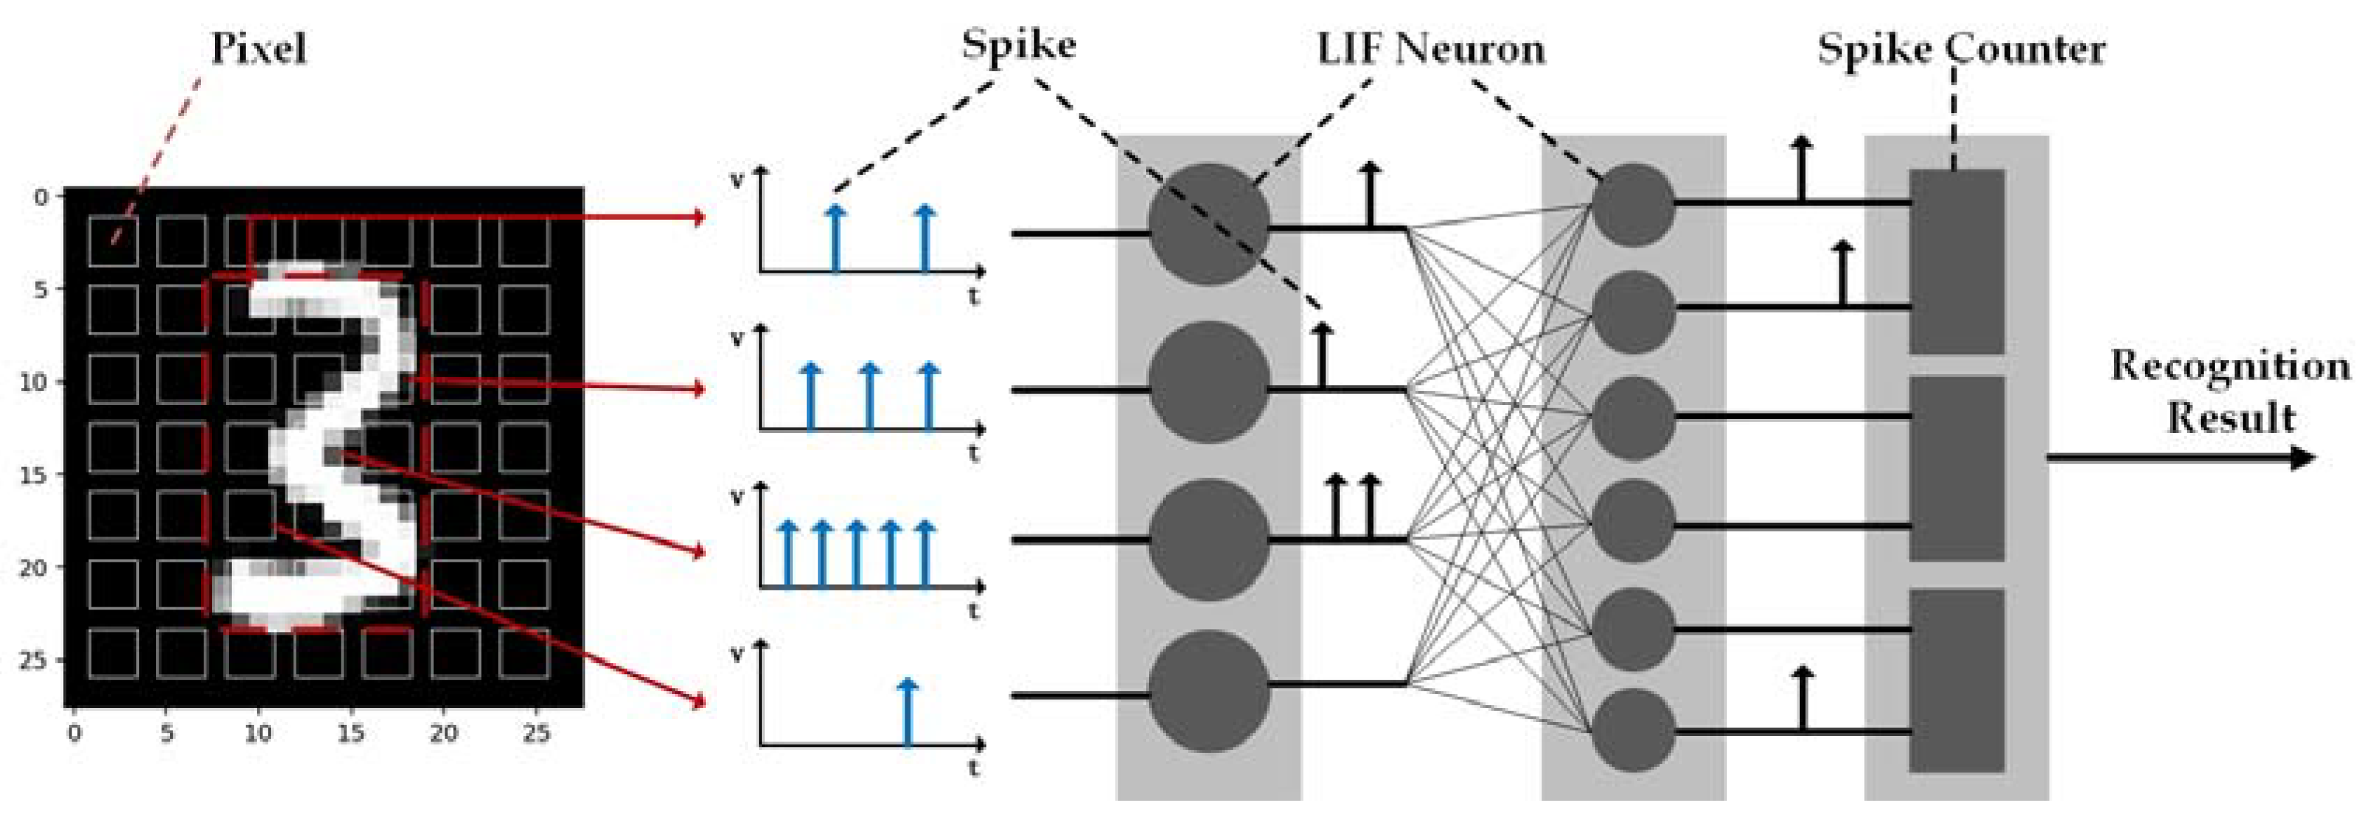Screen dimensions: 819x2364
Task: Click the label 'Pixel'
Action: [x=258, y=48]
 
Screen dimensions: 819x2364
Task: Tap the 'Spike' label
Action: [x=1018, y=44]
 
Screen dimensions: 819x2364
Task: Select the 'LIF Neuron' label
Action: [x=1431, y=48]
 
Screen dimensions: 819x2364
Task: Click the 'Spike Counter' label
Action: [x=1961, y=48]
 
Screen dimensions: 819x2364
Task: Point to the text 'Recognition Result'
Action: [x=2230, y=391]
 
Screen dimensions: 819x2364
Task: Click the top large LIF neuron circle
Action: [x=1209, y=224]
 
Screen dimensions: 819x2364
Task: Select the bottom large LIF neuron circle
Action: [x=1209, y=690]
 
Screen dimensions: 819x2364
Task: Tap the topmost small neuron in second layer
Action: [x=1634, y=205]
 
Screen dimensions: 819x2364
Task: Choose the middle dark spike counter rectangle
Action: [x=1957, y=468]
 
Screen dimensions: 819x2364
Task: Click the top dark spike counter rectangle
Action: [x=1957, y=262]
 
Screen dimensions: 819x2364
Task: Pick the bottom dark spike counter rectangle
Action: [x=1957, y=681]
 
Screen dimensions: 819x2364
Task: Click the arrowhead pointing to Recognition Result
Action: [x=2304, y=457]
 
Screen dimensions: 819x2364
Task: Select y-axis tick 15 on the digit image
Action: [x=33, y=474]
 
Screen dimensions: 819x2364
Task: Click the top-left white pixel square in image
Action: [x=113, y=240]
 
